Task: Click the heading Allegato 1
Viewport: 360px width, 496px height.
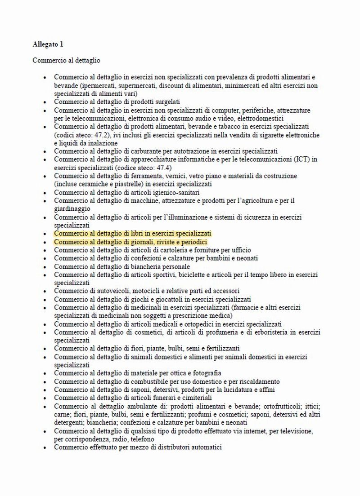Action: pos(48,44)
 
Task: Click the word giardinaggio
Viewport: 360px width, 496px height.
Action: pos(72,209)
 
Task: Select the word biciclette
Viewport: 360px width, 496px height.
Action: pos(201,275)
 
